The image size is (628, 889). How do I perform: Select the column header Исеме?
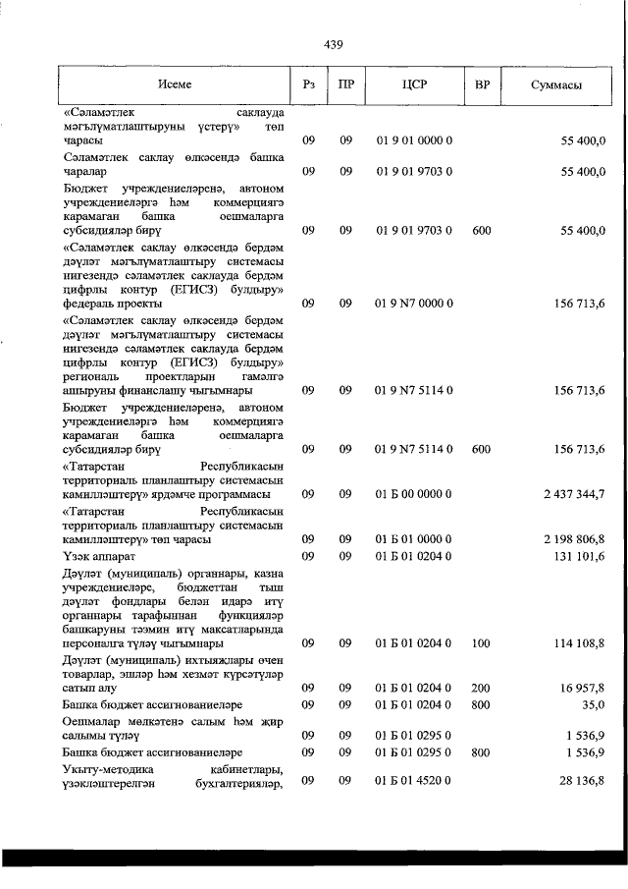[x=174, y=85]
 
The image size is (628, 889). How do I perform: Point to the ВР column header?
[x=481, y=85]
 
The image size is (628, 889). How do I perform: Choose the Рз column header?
[x=308, y=85]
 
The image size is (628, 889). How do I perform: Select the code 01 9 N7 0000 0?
[x=414, y=305]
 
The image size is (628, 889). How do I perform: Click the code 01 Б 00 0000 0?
[x=414, y=493]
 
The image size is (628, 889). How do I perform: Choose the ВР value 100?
[x=481, y=642]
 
